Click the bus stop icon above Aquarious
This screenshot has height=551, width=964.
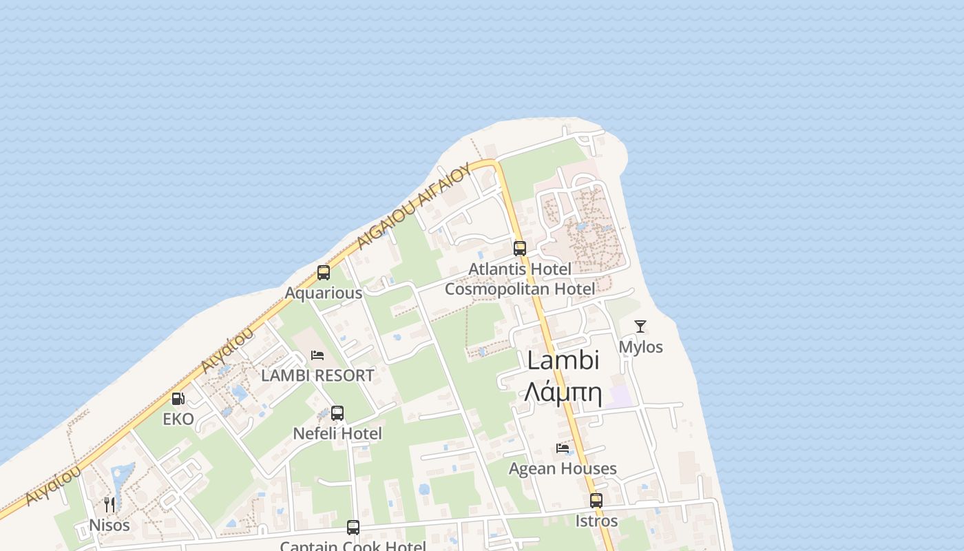[x=324, y=272]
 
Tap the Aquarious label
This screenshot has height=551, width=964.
[x=324, y=293]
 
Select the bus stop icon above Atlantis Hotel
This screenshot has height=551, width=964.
[x=520, y=248]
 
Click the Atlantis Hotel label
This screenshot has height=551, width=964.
[x=520, y=269]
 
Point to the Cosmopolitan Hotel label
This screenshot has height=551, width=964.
[x=520, y=289]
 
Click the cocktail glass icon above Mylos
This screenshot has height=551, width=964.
[x=640, y=326]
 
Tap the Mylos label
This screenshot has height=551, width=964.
[x=641, y=347]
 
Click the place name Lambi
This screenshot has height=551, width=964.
[x=563, y=360]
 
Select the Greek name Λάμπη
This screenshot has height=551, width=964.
[x=563, y=393]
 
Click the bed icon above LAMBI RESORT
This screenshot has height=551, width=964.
[x=317, y=355]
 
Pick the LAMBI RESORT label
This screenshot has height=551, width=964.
[x=317, y=375]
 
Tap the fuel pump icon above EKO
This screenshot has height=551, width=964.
[x=178, y=398]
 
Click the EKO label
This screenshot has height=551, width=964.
[x=178, y=419]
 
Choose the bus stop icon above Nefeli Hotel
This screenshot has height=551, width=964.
[x=337, y=413]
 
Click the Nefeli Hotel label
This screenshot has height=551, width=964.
[x=337, y=433]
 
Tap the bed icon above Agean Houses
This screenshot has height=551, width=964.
[x=563, y=448]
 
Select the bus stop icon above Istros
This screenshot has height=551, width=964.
[x=596, y=501]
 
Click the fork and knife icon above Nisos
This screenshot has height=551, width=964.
[x=109, y=505]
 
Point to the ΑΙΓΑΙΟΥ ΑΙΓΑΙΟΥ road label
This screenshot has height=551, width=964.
[x=415, y=205]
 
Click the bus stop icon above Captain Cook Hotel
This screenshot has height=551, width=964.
[x=353, y=528]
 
